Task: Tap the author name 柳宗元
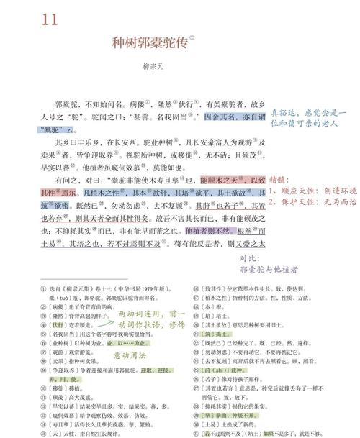point(154,65)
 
